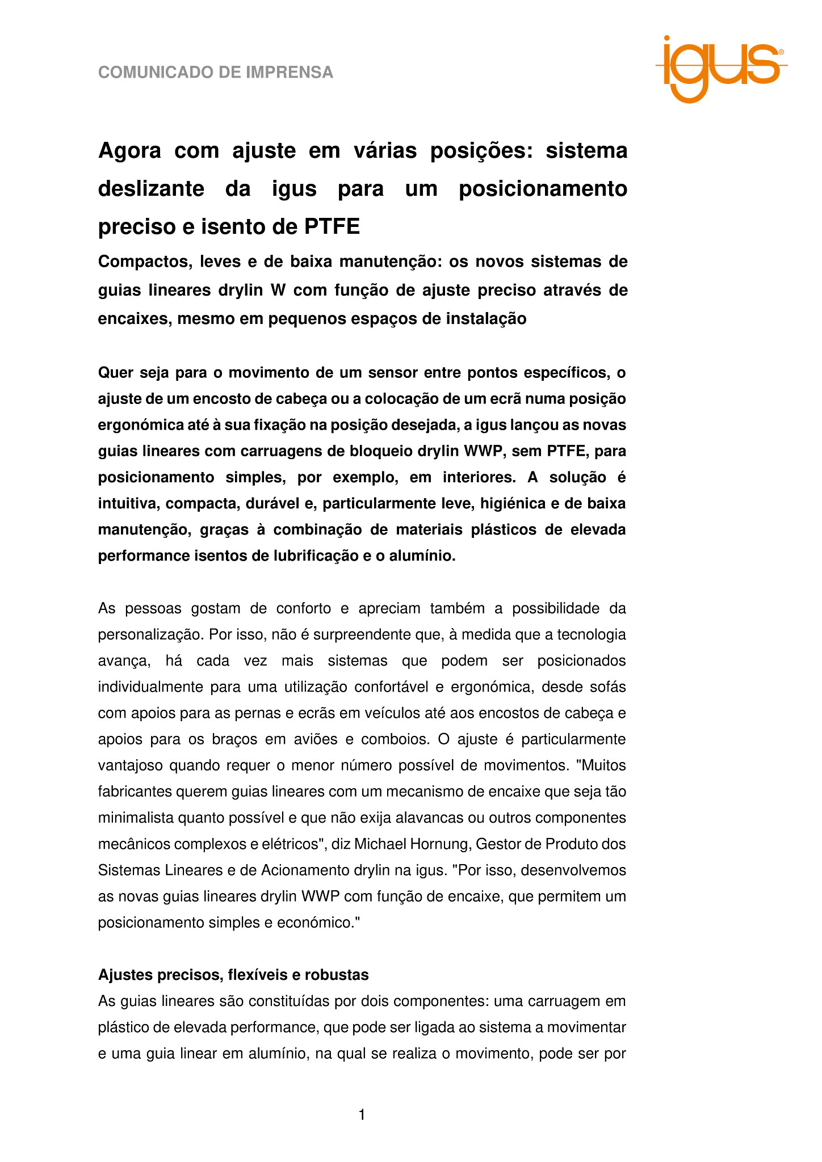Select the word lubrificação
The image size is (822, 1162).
311,555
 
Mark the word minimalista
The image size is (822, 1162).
131,818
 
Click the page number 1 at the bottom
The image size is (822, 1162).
362,1115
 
